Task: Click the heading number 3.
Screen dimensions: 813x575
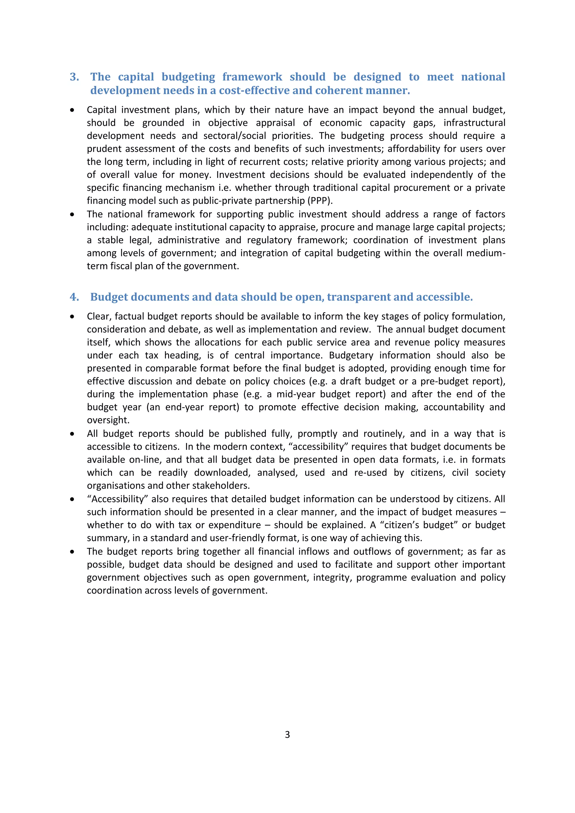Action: click(x=74, y=77)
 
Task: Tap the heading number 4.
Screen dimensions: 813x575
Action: click(x=74, y=297)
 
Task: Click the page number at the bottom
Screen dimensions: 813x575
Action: click(x=287, y=735)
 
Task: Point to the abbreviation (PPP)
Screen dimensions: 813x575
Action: click(x=320, y=201)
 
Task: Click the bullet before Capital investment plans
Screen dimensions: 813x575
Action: click(x=72, y=110)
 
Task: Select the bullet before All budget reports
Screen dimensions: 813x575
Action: click(x=72, y=434)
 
